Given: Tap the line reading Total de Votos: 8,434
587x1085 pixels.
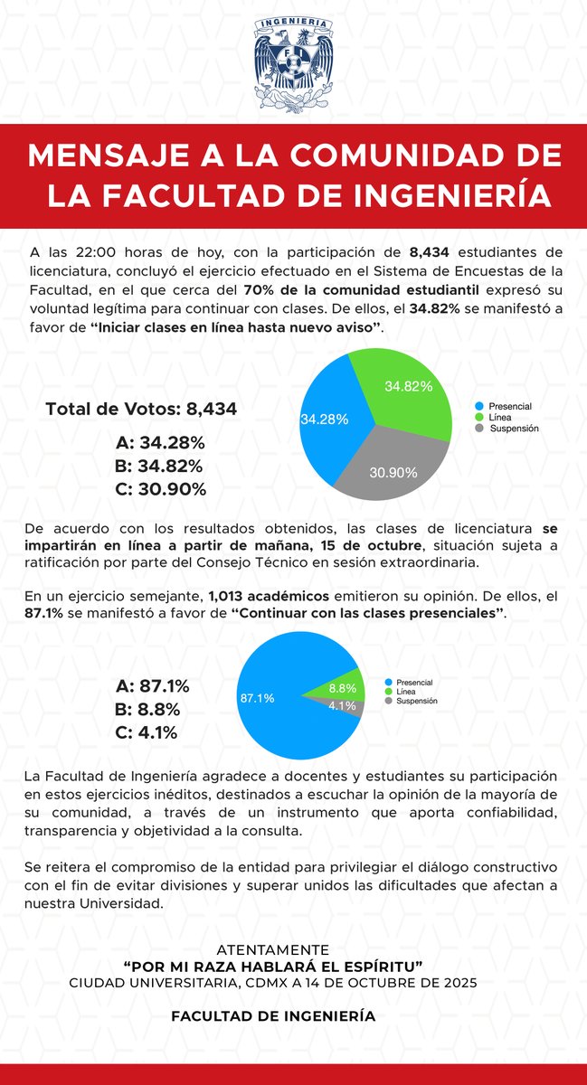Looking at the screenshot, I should (141, 410).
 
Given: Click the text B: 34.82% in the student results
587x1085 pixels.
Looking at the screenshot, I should (159, 467).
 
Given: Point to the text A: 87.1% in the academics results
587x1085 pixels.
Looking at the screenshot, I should (153, 686).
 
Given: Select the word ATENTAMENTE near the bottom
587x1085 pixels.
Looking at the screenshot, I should (274, 949).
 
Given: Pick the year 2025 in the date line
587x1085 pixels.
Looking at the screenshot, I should (461, 982).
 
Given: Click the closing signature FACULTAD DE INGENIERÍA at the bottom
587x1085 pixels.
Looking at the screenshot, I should (274, 1015).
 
